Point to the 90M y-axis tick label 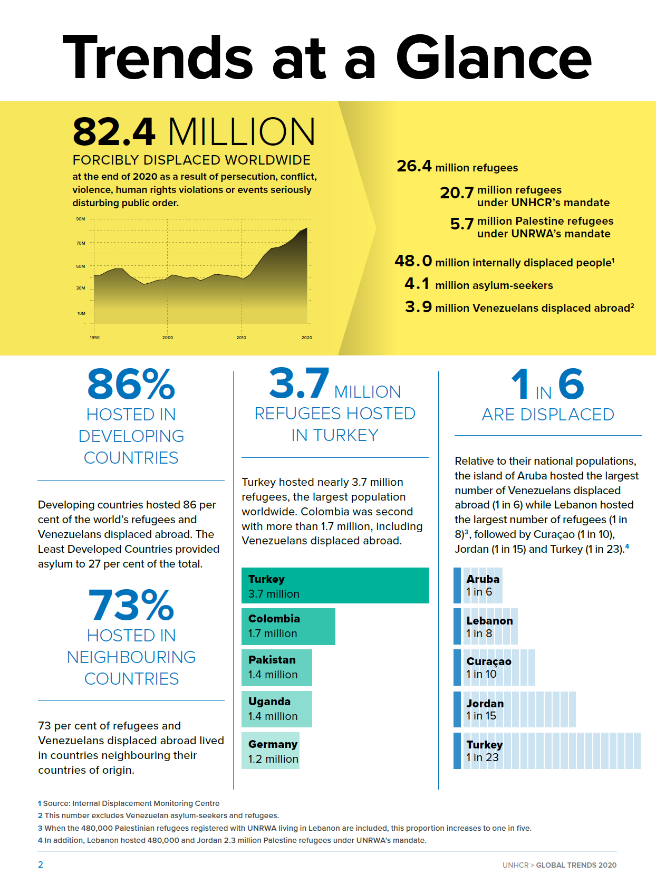81,219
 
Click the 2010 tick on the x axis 241,337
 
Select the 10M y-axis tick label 81,313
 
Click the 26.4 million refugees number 413,166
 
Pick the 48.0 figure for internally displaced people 413,261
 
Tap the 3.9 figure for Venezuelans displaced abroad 418,306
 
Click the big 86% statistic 131,384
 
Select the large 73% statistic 131,605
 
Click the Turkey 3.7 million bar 335,585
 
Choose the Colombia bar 288,626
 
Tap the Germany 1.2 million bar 270,750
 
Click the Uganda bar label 269,701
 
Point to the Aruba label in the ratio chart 483,579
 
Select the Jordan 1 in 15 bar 515,709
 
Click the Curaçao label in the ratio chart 489,662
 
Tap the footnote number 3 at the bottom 40,828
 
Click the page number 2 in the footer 40,865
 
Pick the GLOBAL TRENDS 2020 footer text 576,865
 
